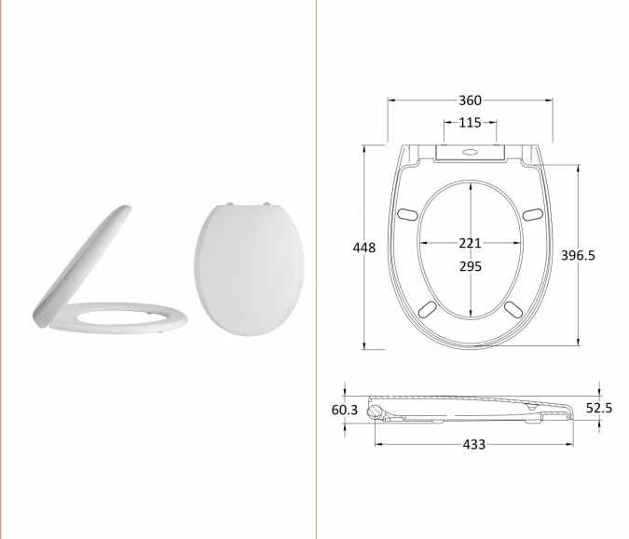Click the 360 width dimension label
[x=470, y=101]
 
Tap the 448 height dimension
[x=364, y=247]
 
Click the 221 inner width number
[x=471, y=243]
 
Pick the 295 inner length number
[x=471, y=265]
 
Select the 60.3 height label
[x=345, y=410]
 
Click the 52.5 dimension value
[x=597, y=408]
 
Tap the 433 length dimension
[x=473, y=444]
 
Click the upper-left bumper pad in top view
[x=408, y=214]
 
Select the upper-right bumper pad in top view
[x=531, y=214]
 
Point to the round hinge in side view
[x=376, y=409]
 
